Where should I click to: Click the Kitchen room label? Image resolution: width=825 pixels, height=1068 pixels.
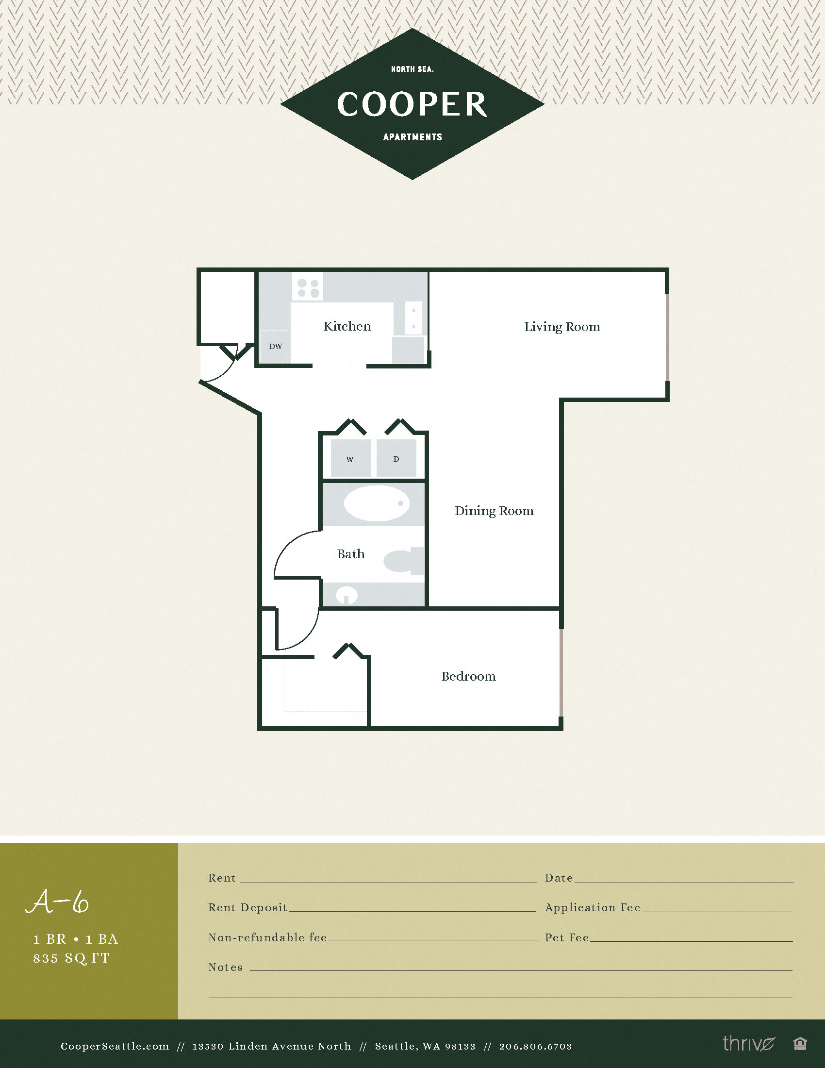(347, 326)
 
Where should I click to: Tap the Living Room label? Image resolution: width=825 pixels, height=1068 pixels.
(561, 327)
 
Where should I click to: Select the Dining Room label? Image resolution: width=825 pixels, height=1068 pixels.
(494, 511)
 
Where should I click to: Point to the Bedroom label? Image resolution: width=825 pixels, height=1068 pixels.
(468, 676)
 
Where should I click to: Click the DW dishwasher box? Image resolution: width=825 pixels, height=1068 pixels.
(275, 346)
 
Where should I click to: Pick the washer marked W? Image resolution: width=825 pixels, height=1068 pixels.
(350, 458)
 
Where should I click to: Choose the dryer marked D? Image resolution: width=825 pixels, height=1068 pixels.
(396, 458)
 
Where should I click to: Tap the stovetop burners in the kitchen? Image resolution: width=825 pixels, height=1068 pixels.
(308, 287)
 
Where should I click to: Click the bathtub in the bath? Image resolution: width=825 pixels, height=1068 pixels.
(376, 503)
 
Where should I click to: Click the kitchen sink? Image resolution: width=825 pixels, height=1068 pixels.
(413, 318)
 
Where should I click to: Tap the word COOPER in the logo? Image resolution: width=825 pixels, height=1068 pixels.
(412, 104)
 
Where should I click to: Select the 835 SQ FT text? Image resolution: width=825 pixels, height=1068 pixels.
(71, 958)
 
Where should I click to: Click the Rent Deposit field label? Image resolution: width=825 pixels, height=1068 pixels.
(247, 907)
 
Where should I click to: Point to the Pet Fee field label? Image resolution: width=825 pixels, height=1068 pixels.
(567, 937)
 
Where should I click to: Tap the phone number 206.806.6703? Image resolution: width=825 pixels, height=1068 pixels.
(535, 1046)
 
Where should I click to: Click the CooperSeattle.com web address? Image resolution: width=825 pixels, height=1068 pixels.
(115, 1046)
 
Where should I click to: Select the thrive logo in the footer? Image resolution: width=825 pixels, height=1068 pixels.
(748, 1043)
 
